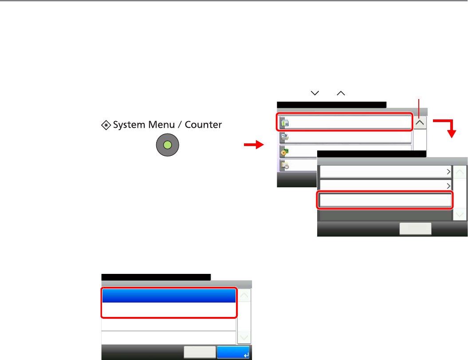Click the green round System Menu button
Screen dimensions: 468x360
(x=167, y=145)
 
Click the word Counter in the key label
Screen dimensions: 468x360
(x=203, y=125)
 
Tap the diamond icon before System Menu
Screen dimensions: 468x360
(x=106, y=125)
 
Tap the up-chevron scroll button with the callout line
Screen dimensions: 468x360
(x=420, y=122)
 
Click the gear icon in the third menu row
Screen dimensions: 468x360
(x=284, y=152)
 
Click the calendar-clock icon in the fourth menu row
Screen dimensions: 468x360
(x=284, y=165)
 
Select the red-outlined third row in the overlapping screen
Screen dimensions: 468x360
(x=385, y=201)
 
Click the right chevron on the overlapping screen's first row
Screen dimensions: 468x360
(x=448, y=172)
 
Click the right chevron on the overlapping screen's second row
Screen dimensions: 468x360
(x=448, y=186)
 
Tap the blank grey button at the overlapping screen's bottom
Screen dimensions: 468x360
(x=415, y=229)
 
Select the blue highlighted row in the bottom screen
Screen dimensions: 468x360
(x=169, y=296)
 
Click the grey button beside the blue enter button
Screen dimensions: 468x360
(x=200, y=352)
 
